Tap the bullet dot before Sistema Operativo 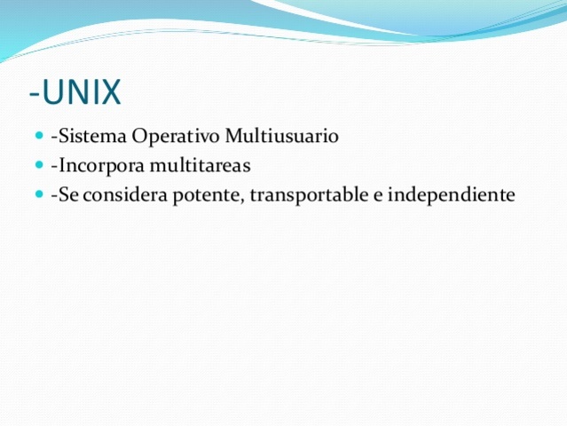point(42,137)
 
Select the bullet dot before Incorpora point(42,165)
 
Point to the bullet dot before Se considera point(42,193)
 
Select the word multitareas point(201,165)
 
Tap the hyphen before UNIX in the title point(34,93)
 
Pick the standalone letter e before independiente point(379,194)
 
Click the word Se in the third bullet point(66,193)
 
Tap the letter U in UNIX point(52,91)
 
